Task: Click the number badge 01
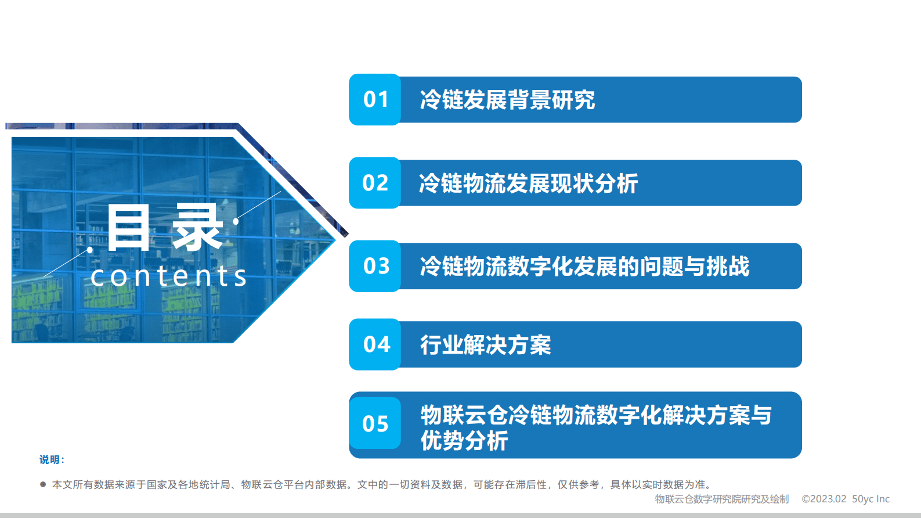click(375, 99)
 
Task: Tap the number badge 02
click(375, 183)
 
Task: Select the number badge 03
click(375, 266)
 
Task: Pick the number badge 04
click(375, 344)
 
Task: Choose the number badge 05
click(375, 423)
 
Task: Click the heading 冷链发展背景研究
click(507, 100)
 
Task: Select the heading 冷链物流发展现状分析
click(528, 184)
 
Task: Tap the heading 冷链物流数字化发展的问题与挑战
click(584, 267)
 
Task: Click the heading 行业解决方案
click(485, 345)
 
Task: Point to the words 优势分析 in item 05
click(464, 441)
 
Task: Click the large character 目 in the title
click(128, 228)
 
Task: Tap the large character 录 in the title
click(197, 228)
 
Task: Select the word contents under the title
click(169, 276)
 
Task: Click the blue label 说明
click(51, 459)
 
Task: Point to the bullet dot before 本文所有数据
click(43, 484)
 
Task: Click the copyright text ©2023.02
click(824, 499)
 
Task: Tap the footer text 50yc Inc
click(871, 499)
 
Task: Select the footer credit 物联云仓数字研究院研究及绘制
click(721, 499)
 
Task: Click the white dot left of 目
click(90, 250)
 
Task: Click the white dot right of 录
click(236, 221)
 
